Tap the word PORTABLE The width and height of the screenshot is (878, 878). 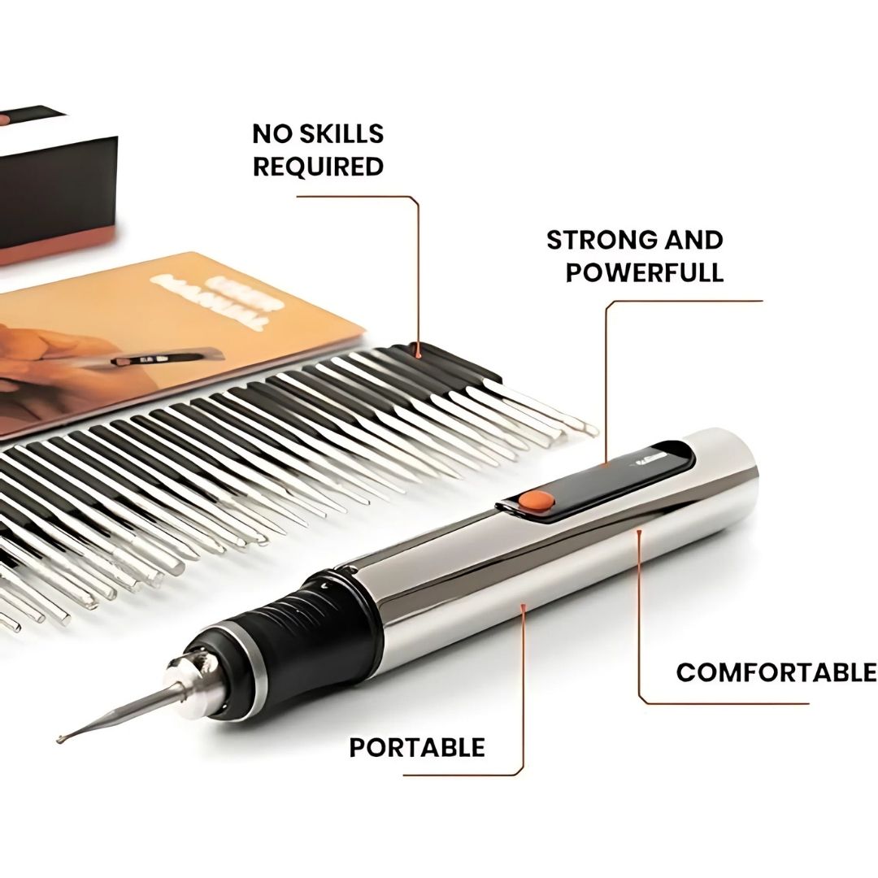click(416, 747)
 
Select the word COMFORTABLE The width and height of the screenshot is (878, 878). click(776, 672)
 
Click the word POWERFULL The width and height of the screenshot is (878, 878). click(644, 272)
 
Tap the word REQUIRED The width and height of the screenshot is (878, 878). click(318, 167)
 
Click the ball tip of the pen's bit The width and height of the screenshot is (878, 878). click(59, 737)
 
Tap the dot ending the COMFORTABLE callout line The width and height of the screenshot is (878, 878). click(640, 532)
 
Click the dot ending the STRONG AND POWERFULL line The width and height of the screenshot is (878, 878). click(607, 464)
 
